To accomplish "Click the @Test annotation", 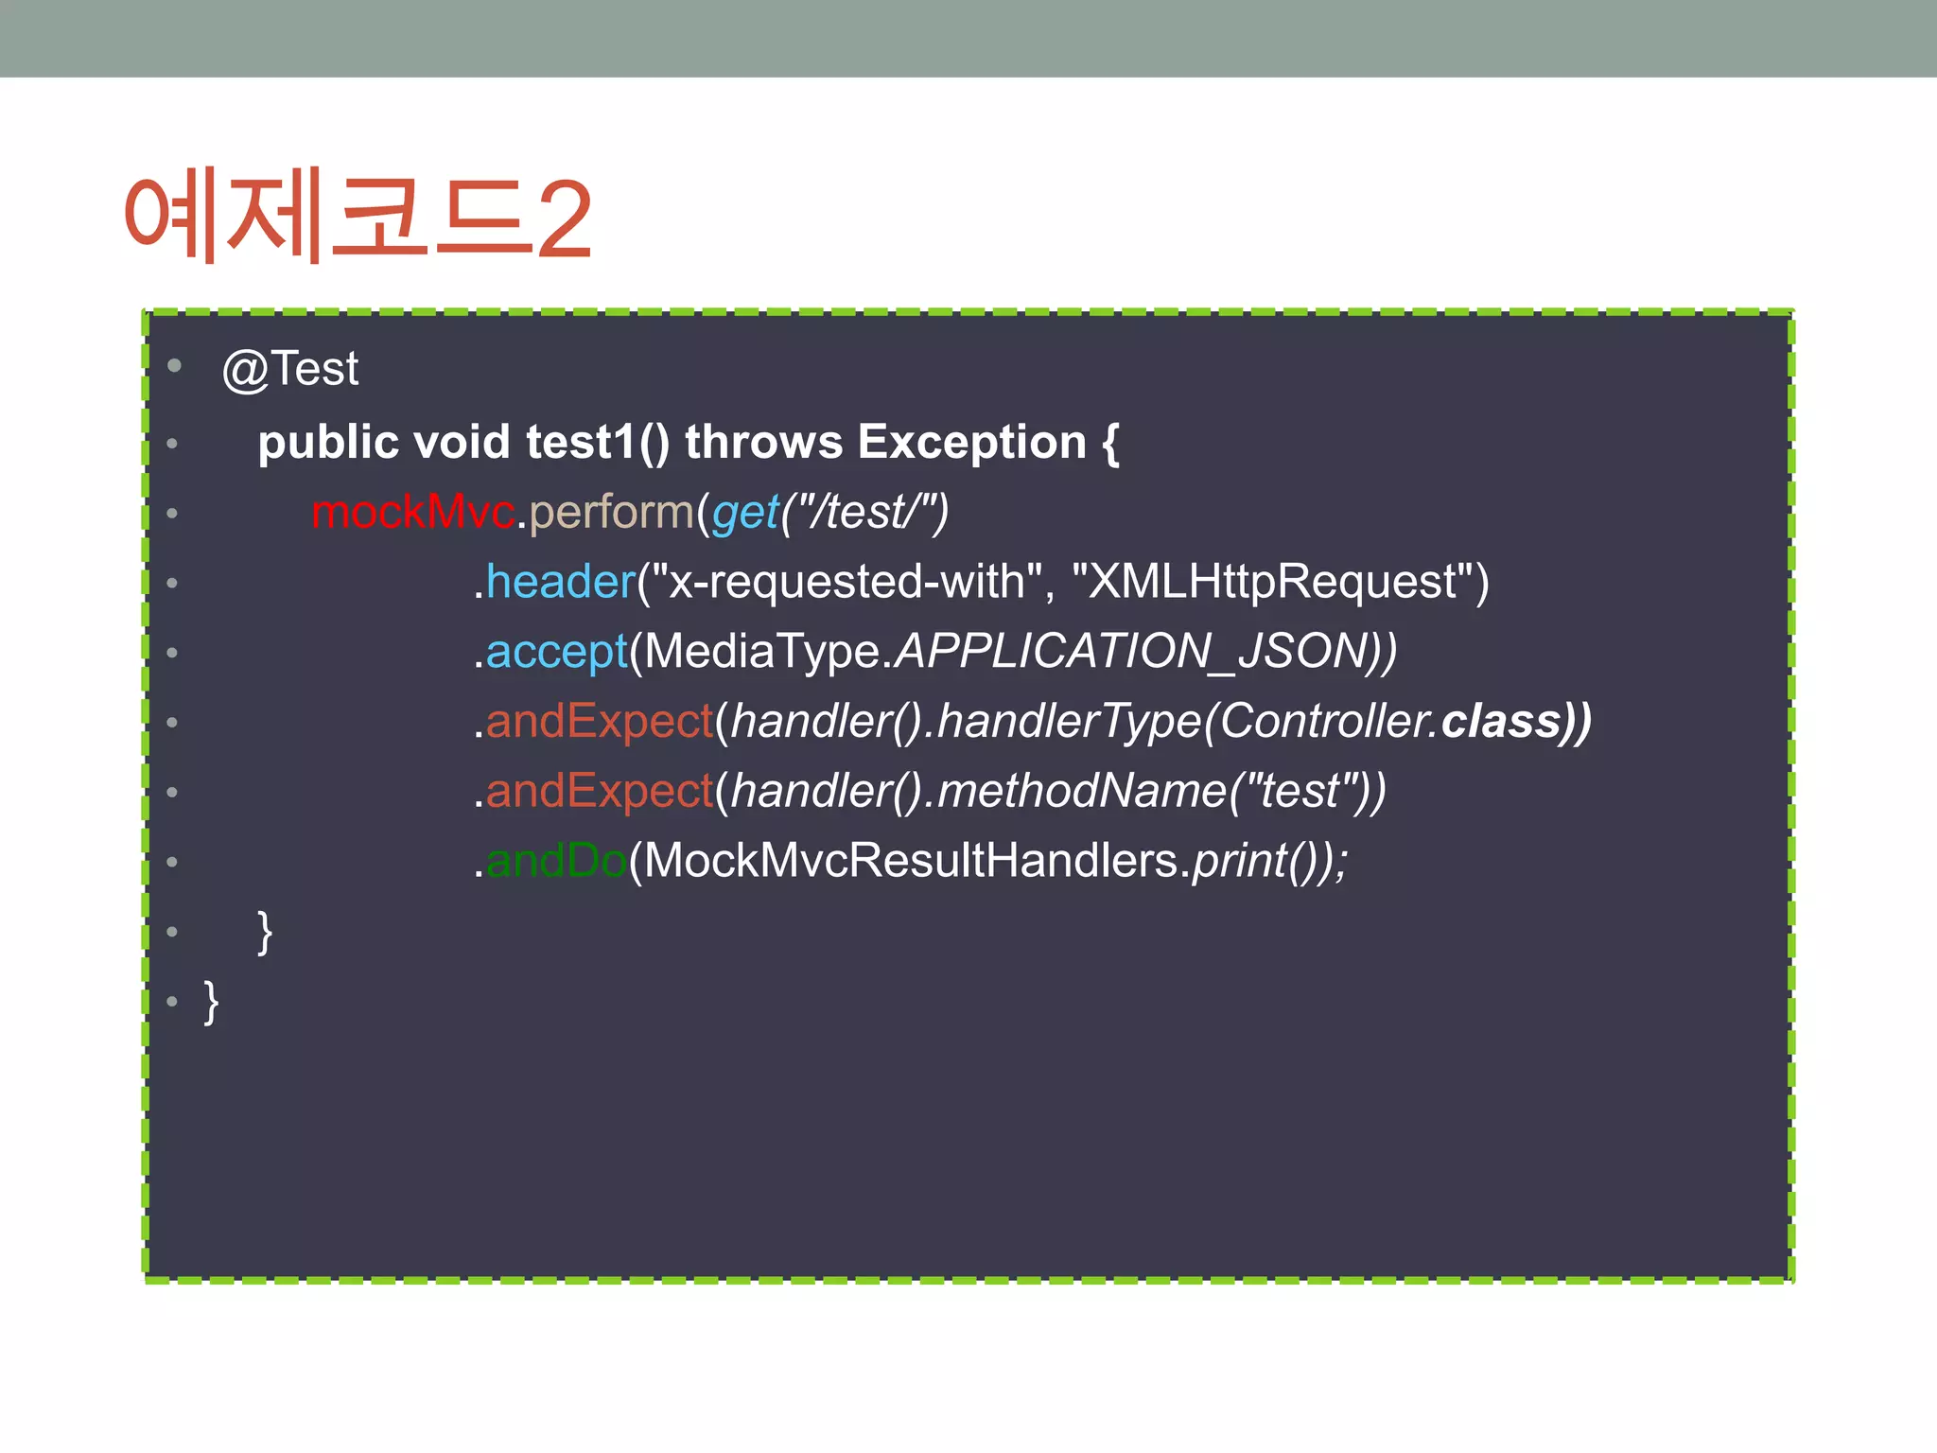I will [290, 369].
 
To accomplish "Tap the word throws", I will [763, 442].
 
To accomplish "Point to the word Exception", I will [971, 442].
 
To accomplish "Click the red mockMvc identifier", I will [412, 512].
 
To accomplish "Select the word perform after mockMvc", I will [611, 512].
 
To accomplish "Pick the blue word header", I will [560, 581].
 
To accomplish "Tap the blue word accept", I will [556, 652].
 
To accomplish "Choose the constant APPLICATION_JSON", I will [1131, 651].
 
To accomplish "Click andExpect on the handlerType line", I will [599, 721].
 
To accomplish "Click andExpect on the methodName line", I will [599, 791].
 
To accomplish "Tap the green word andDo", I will [556, 861].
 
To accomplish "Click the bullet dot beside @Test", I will [174, 365].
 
